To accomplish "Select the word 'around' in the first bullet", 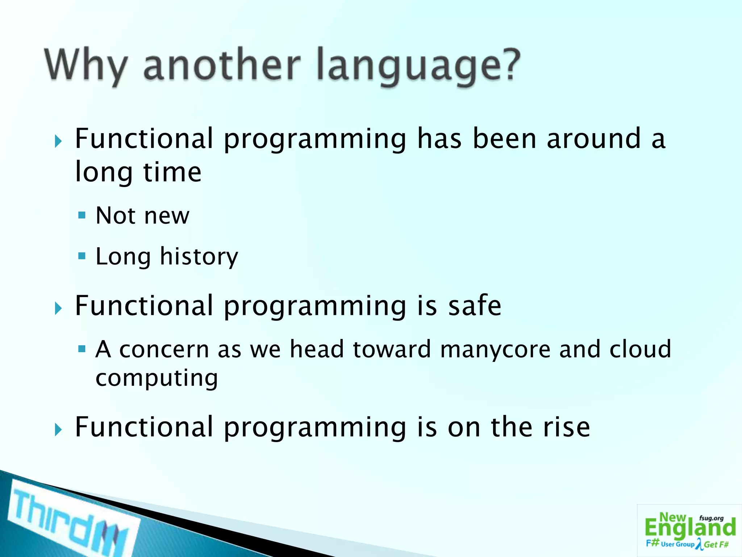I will (x=594, y=139).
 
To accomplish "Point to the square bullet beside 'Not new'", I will (x=82, y=216).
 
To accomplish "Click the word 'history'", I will (x=199, y=257).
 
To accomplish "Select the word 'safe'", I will (x=475, y=306).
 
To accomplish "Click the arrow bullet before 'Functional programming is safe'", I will (x=58, y=309).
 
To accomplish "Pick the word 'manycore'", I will (x=495, y=350).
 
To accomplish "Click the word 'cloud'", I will (x=640, y=349).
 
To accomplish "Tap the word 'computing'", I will (x=157, y=378).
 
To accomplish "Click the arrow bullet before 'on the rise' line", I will (x=58, y=430).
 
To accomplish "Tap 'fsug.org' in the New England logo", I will (x=711, y=518).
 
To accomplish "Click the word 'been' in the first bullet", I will (x=504, y=139).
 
